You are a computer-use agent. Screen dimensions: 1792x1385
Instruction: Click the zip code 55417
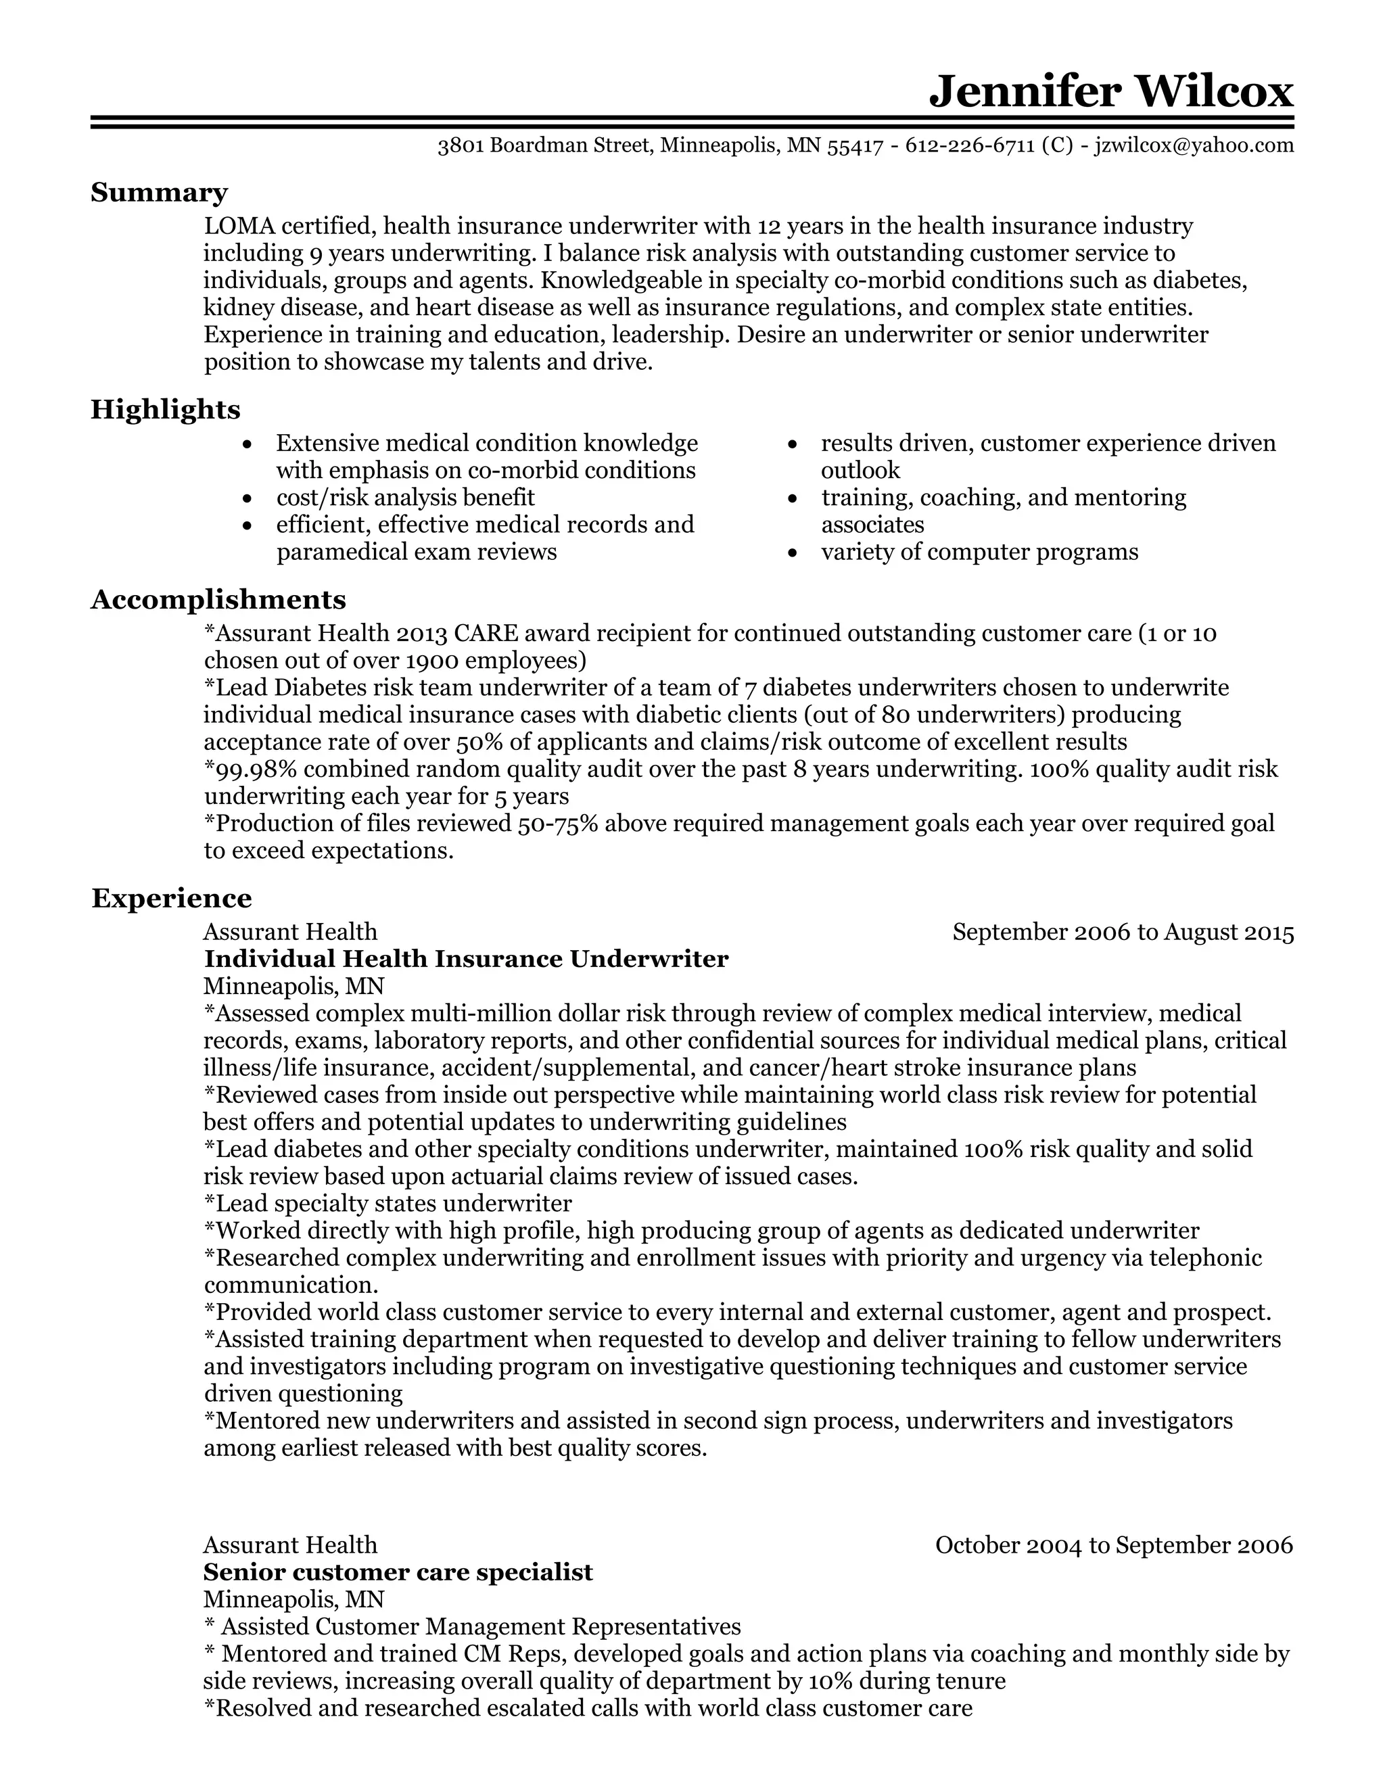(855, 146)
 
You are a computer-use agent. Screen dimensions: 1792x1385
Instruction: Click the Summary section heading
(158, 192)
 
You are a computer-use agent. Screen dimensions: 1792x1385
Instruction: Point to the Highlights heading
(165, 408)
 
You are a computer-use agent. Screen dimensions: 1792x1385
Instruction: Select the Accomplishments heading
(218, 599)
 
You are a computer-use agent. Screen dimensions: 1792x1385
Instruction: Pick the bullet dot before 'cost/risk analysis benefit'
(248, 499)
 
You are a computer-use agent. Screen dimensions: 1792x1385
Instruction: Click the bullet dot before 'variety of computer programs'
(793, 553)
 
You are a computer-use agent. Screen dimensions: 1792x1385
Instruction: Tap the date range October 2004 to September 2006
(1113, 1545)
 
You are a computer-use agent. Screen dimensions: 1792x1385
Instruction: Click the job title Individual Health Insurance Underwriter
(465, 959)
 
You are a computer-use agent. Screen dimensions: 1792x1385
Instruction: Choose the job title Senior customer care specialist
(397, 1572)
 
